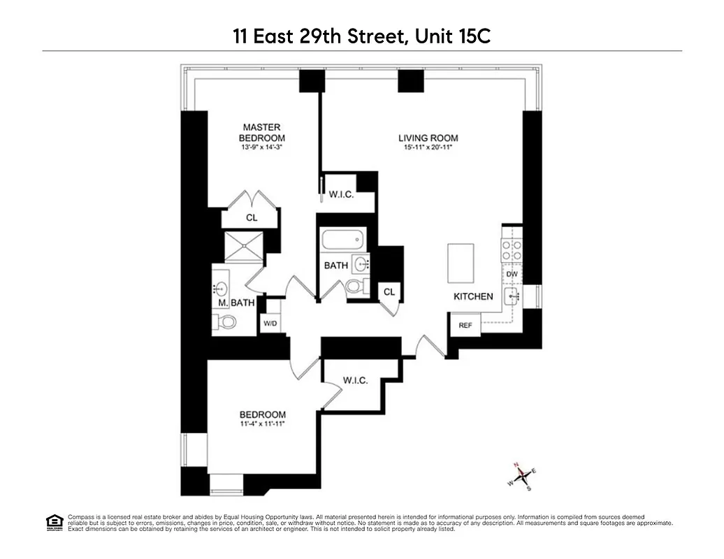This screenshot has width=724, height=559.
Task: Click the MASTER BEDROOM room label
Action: pyautogui.click(x=262, y=133)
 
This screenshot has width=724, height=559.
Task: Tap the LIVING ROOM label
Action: pyautogui.click(x=428, y=138)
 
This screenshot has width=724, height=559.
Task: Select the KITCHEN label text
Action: pyautogui.click(x=473, y=296)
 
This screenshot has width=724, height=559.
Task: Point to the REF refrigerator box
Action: pyautogui.click(x=465, y=326)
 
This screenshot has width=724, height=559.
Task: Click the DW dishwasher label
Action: pyautogui.click(x=512, y=275)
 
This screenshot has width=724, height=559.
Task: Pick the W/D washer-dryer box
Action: pyautogui.click(x=270, y=324)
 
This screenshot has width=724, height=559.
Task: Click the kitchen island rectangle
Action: pyautogui.click(x=461, y=263)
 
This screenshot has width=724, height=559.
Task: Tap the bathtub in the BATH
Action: pyautogui.click(x=342, y=242)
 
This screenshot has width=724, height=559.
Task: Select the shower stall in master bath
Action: pyautogui.click(x=242, y=246)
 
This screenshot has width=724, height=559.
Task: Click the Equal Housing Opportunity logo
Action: pyautogui.click(x=54, y=521)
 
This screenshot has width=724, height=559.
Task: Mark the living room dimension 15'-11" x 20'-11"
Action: pyautogui.click(x=428, y=148)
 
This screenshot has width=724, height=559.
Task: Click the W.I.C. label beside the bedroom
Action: pyautogui.click(x=355, y=381)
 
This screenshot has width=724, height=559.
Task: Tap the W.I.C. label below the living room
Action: pyautogui.click(x=341, y=194)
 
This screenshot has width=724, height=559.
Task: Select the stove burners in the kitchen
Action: pyautogui.click(x=512, y=251)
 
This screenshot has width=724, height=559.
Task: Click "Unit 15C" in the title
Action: pyautogui.click(x=453, y=36)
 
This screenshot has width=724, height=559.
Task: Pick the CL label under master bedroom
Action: pyautogui.click(x=252, y=218)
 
